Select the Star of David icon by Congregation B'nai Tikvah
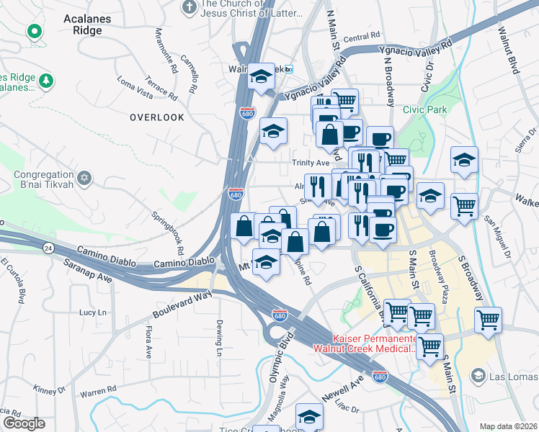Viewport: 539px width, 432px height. click(x=84, y=176)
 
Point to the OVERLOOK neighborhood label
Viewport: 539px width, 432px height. click(x=157, y=117)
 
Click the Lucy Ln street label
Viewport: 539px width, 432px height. click(x=92, y=312)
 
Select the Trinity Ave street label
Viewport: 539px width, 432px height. click(x=310, y=163)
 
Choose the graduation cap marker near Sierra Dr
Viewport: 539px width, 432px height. click(x=464, y=161)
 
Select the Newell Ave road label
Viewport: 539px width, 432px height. click(x=347, y=386)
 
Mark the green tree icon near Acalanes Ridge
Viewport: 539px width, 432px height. click(x=46, y=79)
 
